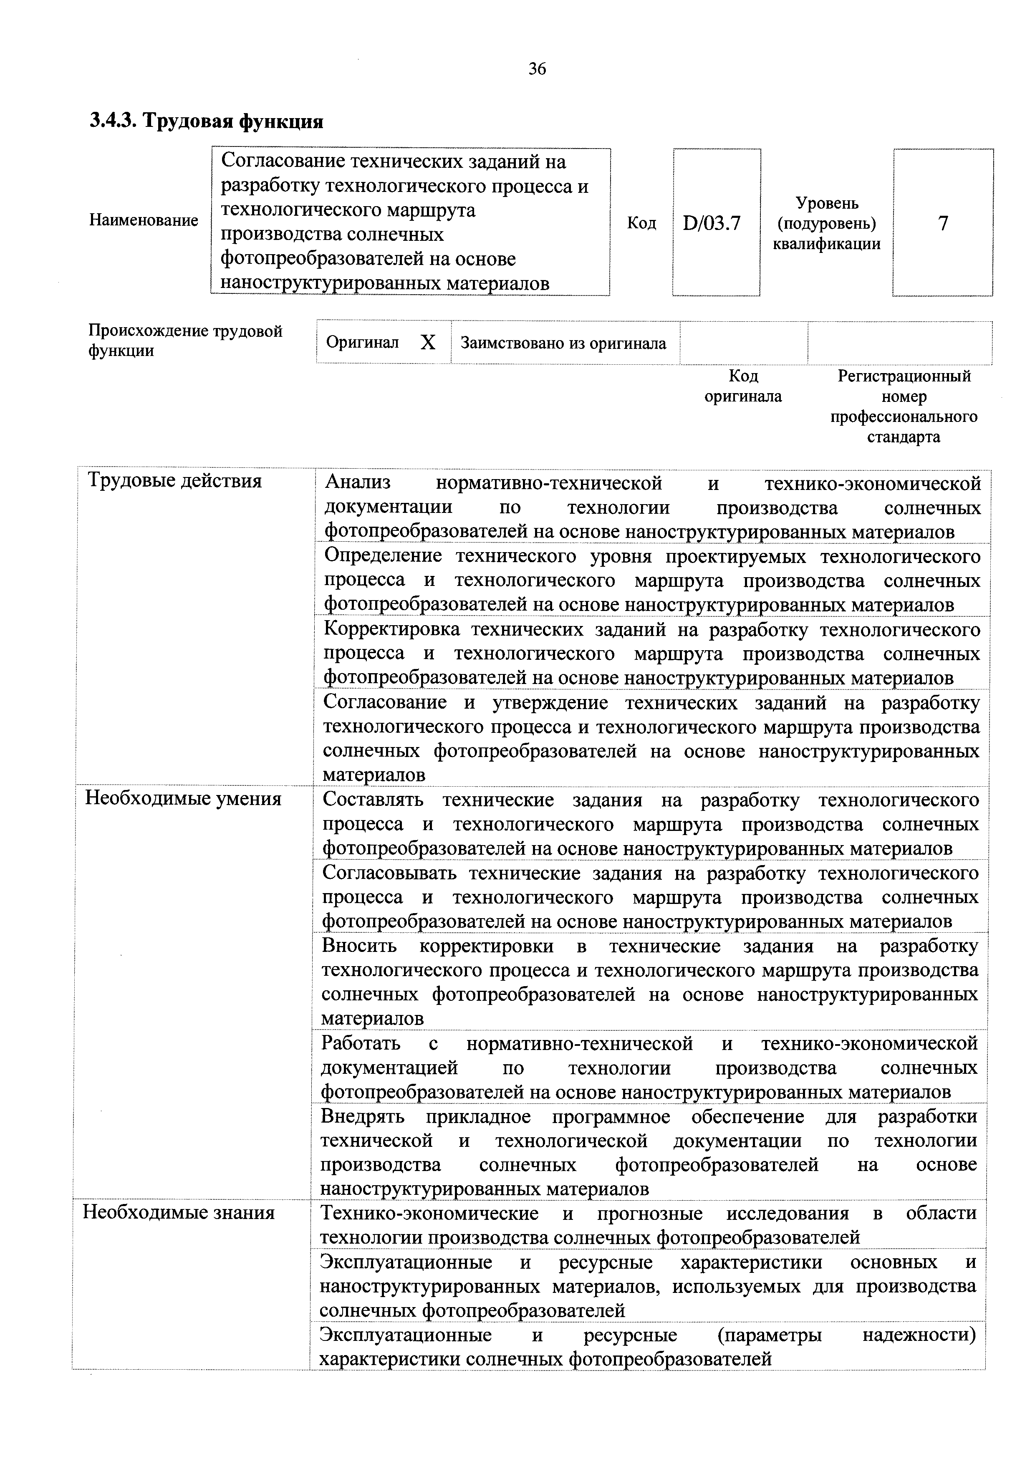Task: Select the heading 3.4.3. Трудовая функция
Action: tap(206, 121)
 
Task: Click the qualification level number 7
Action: tap(942, 223)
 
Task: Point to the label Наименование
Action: tap(144, 221)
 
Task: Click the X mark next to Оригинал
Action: tap(428, 343)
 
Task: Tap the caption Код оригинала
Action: tap(743, 386)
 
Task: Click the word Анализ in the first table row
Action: tap(358, 483)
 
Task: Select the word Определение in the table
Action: tap(383, 556)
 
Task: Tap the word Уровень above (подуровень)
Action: tap(827, 203)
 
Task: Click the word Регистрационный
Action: tap(904, 376)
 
